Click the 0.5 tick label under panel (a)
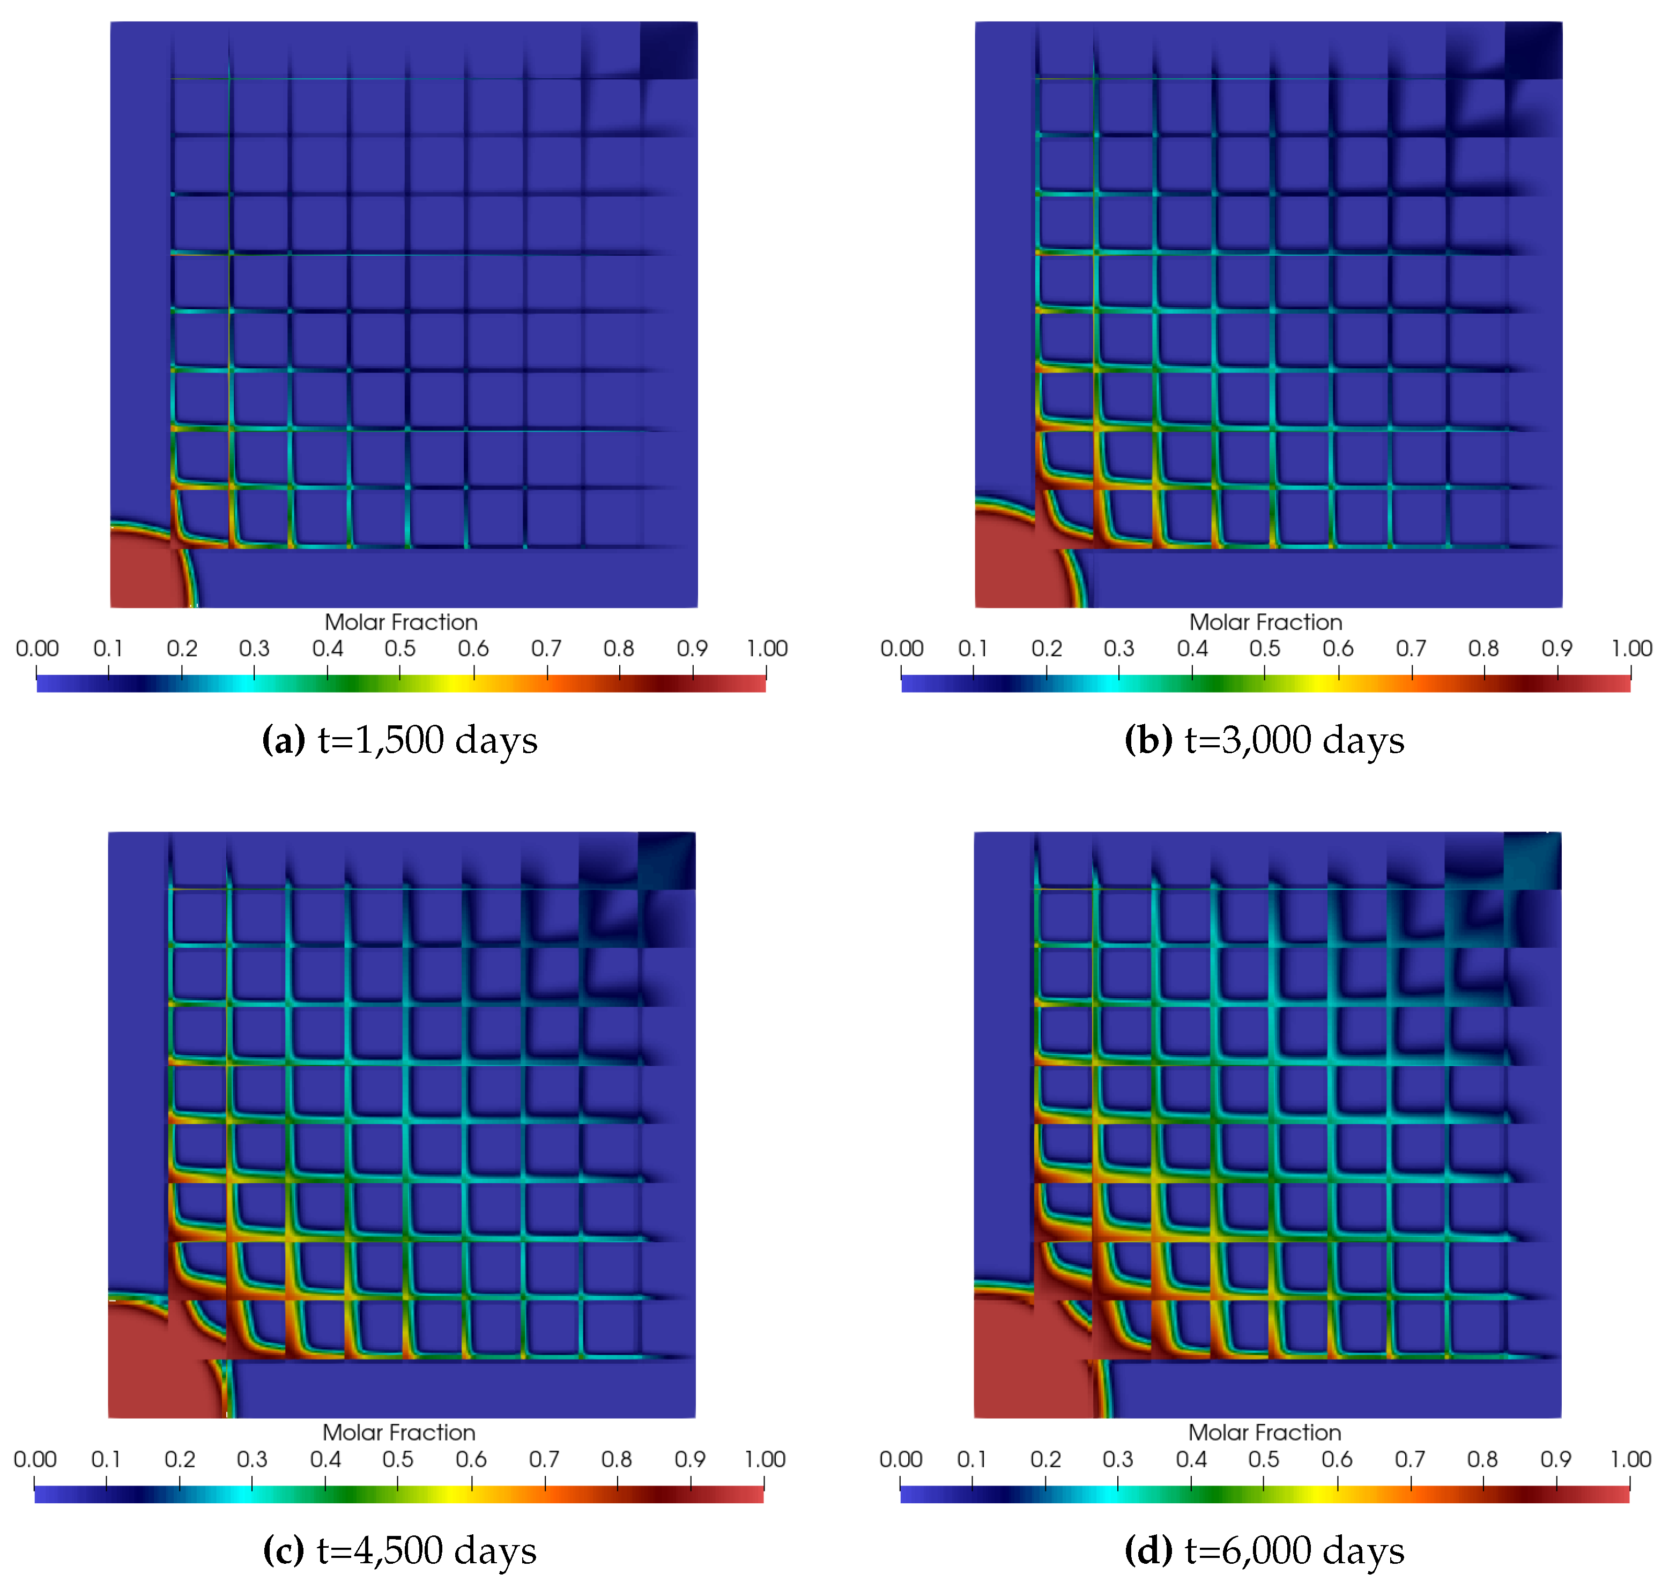(x=400, y=649)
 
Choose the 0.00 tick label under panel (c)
(x=35, y=1459)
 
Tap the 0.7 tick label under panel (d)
(x=1410, y=1459)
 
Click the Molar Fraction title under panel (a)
(x=400, y=622)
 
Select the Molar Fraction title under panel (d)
(x=1264, y=1433)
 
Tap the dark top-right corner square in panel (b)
(x=1533, y=50)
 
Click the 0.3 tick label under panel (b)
(x=1118, y=649)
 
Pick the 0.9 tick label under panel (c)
(x=689, y=1459)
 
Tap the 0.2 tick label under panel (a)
(x=181, y=649)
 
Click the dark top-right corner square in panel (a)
(x=669, y=50)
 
